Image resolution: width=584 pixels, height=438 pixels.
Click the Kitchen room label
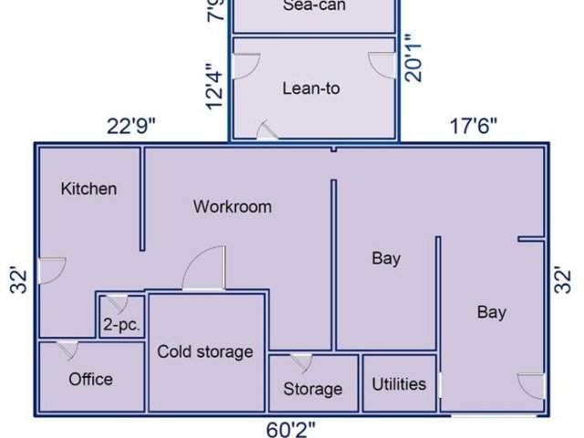click(x=89, y=189)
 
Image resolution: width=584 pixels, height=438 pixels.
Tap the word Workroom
click(x=233, y=207)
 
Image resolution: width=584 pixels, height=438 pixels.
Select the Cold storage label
click(x=205, y=351)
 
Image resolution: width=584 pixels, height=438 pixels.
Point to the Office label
click(x=90, y=380)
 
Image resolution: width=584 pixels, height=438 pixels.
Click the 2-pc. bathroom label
click(x=121, y=325)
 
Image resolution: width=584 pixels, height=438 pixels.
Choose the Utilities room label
click(x=399, y=384)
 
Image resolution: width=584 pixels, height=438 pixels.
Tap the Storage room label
click(x=313, y=390)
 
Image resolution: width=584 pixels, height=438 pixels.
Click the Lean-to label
click(x=311, y=89)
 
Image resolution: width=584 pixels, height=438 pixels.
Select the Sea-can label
click(x=314, y=5)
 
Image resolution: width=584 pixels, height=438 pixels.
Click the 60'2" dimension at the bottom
click(x=290, y=430)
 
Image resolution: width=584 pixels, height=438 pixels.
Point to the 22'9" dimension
click(x=130, y=126)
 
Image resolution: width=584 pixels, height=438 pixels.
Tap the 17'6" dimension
click(x=474, y=126)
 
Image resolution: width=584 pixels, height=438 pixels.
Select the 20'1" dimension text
click(x=413, y=58)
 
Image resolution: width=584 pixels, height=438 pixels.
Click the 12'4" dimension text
click(x=214, y=87)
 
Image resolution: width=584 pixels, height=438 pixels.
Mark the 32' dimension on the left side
click(x=18, y=280)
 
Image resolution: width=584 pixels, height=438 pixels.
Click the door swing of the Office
click(x=68, y=350)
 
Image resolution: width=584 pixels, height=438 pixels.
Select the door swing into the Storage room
click(x=302, y=363)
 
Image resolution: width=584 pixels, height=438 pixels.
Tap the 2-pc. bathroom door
click(x=118, y=304)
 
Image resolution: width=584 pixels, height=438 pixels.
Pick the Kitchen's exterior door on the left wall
click(x=52, y=271)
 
